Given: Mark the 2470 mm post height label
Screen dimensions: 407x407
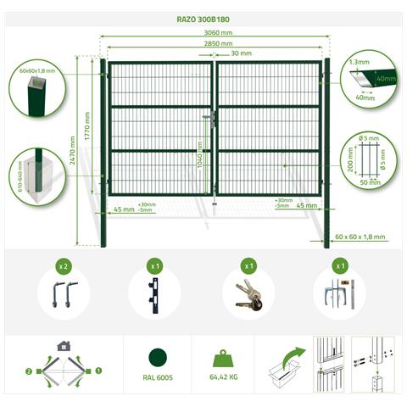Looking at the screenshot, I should [x=75, y=150].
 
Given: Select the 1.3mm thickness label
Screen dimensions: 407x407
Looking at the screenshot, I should [x=359, y=62].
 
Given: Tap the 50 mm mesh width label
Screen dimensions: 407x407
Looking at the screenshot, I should [x=369, y=182].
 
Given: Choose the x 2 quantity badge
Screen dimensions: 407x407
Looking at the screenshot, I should [x=63, y=266].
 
